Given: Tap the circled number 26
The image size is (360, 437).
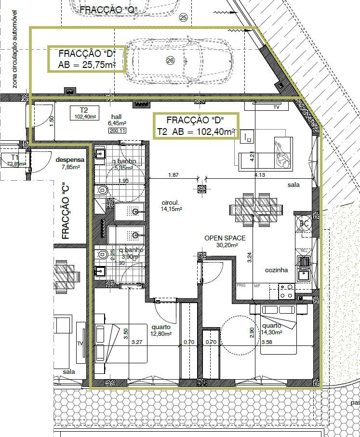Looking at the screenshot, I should coord(170,60).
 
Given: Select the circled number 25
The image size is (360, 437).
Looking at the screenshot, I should coord(183,18).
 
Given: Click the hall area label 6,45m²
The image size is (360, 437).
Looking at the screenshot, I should coord(118,123).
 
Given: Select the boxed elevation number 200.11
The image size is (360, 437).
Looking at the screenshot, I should coord(118,131).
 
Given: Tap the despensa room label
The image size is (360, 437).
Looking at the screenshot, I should coord(70,160).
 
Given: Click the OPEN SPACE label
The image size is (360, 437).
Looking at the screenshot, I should coord(225,238).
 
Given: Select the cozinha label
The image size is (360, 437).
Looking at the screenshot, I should coord(276,270).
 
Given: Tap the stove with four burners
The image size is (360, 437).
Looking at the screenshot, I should coord(287,291).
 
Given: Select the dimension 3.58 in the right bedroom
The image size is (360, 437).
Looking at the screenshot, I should coord(267,343).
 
